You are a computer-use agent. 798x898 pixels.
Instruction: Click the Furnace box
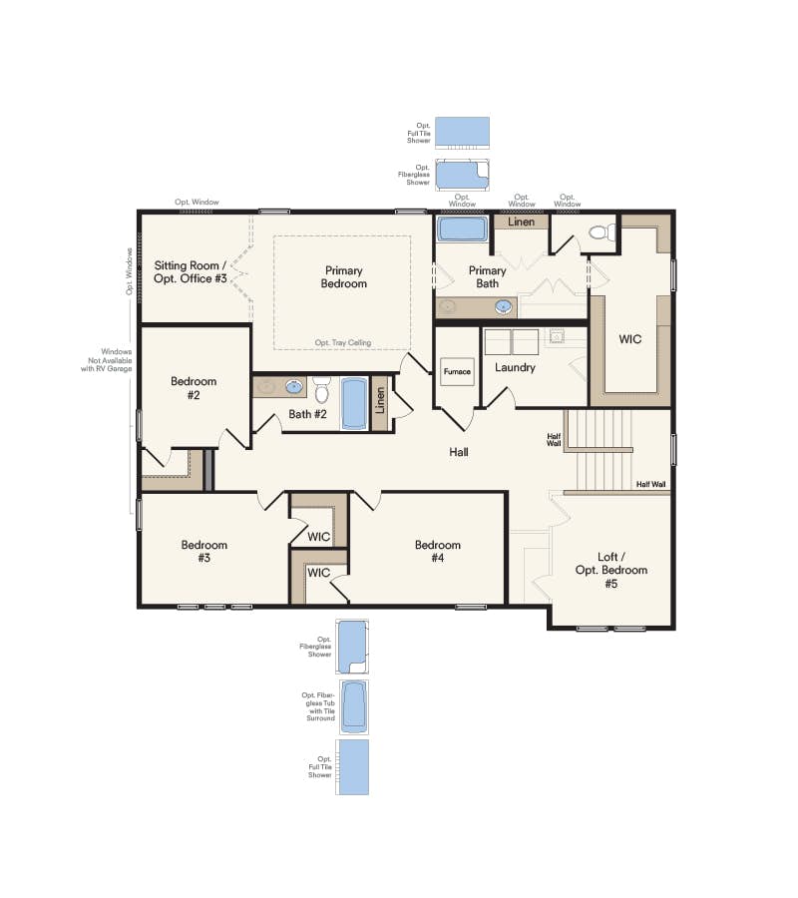pos(457,371)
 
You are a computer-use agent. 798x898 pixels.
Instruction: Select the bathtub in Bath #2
pos(354,403)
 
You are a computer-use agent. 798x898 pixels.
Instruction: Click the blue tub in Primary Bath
pos(462,228)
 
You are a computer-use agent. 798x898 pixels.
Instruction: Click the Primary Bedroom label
pos(344,277)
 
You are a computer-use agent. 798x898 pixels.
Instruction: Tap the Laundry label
pos(515,367)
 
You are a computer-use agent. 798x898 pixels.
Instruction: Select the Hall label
pos(459,452)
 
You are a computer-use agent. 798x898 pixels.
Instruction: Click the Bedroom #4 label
pos(438,552)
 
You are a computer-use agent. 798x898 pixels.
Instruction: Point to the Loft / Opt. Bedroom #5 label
pos(610,570)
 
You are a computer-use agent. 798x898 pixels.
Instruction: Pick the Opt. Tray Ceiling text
pos(342,342)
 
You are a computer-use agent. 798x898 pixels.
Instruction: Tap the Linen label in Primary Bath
pos(522,222)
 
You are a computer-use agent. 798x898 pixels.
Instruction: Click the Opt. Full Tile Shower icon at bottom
pos(353,766)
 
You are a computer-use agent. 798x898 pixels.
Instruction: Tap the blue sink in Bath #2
pos(294,386)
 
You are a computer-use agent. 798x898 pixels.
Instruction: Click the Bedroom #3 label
pos(204,552)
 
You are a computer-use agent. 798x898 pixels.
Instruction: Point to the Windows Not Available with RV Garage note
pos(105,359)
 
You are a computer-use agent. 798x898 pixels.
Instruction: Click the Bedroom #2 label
pos(194,388)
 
